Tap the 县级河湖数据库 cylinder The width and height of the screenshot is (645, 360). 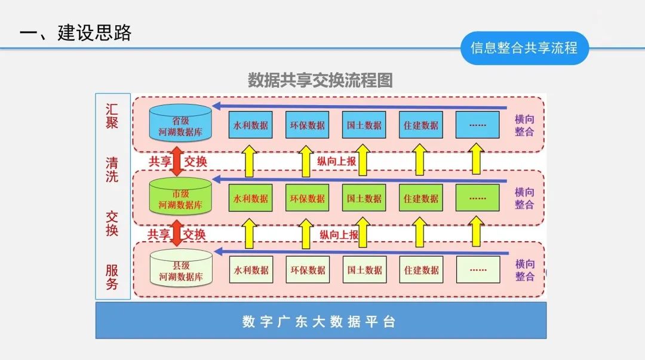click(181, 269)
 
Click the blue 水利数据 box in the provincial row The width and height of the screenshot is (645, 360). click(251, 125)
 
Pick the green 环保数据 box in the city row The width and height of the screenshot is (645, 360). click(308, 198)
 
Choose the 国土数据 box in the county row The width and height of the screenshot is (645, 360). click(364, 270)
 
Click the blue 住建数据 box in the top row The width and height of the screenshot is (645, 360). click(421, 125)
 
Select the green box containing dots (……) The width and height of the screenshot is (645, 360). click(478, 198)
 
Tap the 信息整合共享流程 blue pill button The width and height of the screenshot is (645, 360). click(524, 48)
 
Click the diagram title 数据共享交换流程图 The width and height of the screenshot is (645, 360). click(320, 80)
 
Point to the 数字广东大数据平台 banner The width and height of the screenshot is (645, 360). click(321, 321)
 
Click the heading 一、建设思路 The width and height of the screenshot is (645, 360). click(75, 33)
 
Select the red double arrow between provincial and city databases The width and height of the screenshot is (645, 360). click(177, 161)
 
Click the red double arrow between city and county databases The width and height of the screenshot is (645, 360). click(177, 234)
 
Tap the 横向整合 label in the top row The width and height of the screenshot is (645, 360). click(524, 125)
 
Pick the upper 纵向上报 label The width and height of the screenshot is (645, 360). click(336, 161)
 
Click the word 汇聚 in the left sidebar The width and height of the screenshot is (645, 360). click(112, 116)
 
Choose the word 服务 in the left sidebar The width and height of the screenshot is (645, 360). click(112, 278)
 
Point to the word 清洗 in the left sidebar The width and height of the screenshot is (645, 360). click(112, 170)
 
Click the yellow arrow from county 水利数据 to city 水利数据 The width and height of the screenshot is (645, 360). click(250, 233)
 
